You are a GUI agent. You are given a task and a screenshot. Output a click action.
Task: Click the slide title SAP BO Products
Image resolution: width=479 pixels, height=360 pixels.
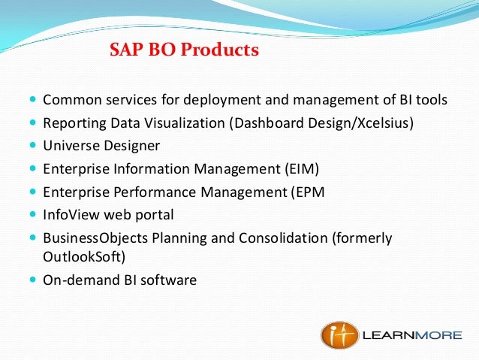(184, 50)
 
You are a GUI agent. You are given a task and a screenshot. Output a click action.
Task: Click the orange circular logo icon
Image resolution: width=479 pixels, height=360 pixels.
(339, 335)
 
